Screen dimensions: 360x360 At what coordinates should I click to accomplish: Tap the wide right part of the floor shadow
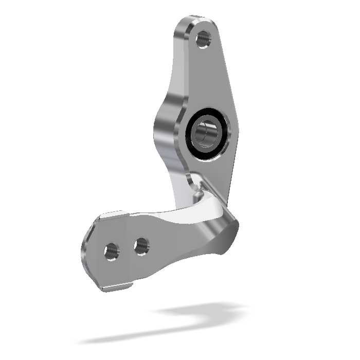(x=206, y=311)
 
